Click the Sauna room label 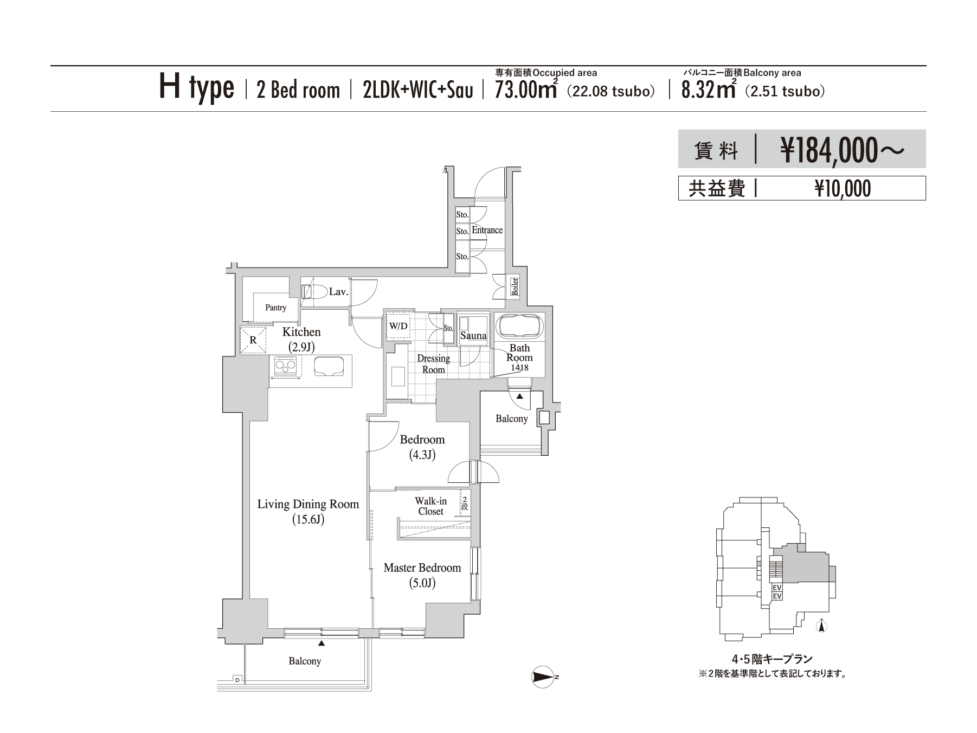tap(473, 336)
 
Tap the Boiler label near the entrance tap(515, 286)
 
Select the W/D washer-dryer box tap(398, 326)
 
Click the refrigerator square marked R tap(253, 341)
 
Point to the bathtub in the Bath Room tap(519, 327)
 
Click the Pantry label tap(276, 308)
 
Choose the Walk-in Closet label tap(431, 506)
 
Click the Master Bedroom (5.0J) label tap(422, 575)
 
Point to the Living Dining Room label tap(308, 505)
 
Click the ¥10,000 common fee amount tap(843, 189)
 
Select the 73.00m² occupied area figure tap(526, 89)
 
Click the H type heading tap(196, 88)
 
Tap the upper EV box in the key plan tap(776, 588)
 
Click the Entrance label tap(487, 230)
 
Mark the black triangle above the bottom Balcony tap(322, 643)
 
